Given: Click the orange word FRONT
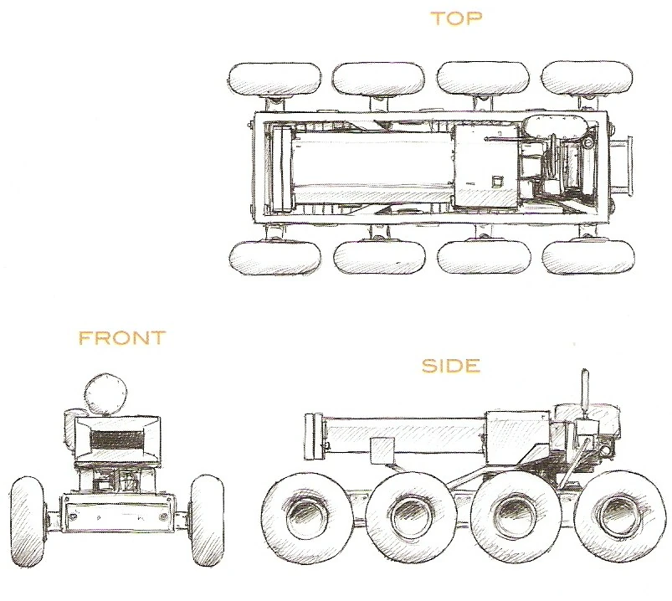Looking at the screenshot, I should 121,338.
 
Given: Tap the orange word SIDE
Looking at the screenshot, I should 450,366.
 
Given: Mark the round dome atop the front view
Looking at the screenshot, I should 106,392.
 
